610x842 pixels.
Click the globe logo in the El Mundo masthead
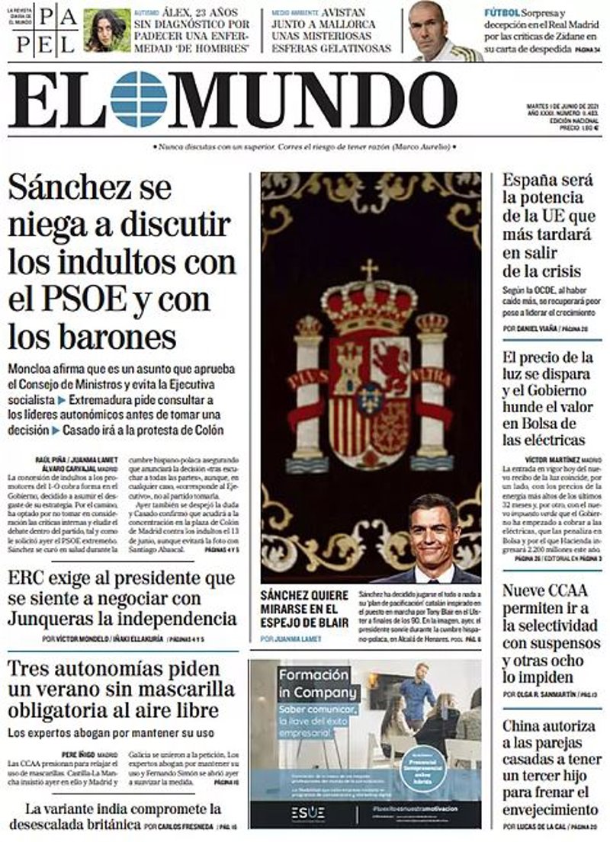point(138,99)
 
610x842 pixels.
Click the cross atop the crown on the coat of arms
point(369,270)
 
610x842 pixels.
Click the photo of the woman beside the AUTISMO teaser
point(107,30)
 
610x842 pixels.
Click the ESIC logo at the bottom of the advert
point(307,812)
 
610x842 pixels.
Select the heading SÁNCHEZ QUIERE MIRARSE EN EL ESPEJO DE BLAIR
point(304,608)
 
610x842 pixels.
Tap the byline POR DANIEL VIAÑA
point(530,328)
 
